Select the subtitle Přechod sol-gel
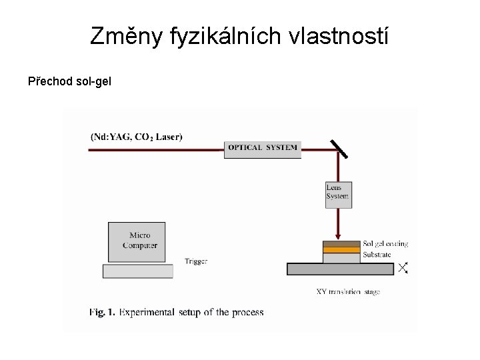coord(69,82)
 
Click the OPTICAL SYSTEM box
coord(263,148)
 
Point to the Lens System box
coord(338,195)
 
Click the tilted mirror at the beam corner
coord(338,148)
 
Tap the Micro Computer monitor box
coord(137,241)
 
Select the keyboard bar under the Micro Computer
coord(137,271)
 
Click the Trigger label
coord(196,261)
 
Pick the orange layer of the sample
coord(341,250)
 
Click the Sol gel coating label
coord(385,244)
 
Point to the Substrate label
coord(377,255)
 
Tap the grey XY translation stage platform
coord(340,269)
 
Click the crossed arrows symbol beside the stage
coord(403,268)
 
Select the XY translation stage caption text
coord(348,291)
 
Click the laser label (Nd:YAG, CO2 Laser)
coord(136,137)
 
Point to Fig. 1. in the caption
coord(102,312)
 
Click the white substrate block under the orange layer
coord(341,258)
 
